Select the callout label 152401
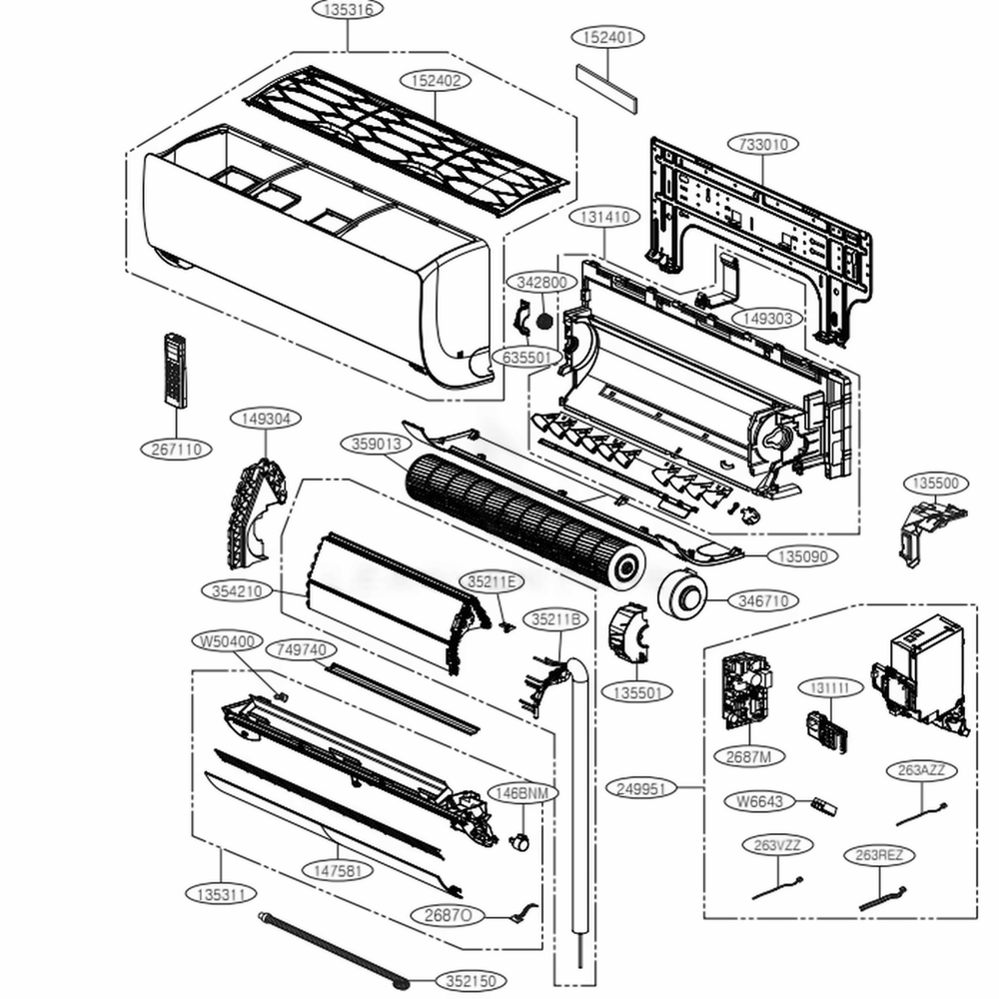(x=606, y=36)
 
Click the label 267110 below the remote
(x=177, y=450)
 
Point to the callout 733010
(x=763, y=144)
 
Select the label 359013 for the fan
(x=376, y=444)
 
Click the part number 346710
(x=763, y=600)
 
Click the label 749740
(x=301, y=650)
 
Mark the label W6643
(x=759, y=800)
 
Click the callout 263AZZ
(x=921, y=770)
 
